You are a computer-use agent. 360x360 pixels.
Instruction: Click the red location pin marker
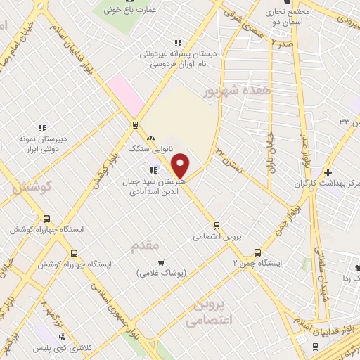(181, 165)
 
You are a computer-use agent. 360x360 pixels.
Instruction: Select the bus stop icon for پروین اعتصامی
(217, 226)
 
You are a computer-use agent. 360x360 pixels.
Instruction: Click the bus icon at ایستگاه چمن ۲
(257, 252)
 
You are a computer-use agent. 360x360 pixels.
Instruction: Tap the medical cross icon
(328, 172)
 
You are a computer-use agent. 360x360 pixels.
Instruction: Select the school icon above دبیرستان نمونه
(42, 128)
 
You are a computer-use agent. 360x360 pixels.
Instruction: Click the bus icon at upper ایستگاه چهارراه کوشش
(46, 219)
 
